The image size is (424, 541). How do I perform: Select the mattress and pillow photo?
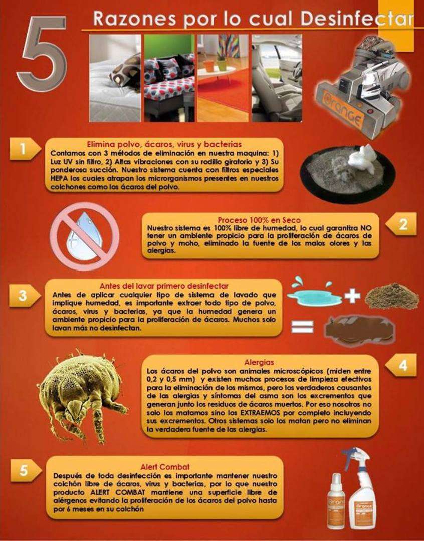pyautogui.click(x=115, y=78)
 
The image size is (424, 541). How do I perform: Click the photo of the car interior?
pyautogui.click(x=277, y=78)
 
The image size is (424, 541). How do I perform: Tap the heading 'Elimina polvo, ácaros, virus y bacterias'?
pyautogui.click(x=164, y=144)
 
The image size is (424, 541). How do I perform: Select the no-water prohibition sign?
pyautogui.click(x=85, y=236)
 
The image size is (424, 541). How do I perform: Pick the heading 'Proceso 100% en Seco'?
pyautogui.click(x=259, y=220)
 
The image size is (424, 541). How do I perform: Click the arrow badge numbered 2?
pyautogui.click(x=401, y=224)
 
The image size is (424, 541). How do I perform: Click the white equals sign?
pyautogui.click(x=302, y=326)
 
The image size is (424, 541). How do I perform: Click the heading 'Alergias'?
pyautogui.click(x=259, y=362)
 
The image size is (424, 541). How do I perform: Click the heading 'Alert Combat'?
pyautogui.click(x=165, y=467)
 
